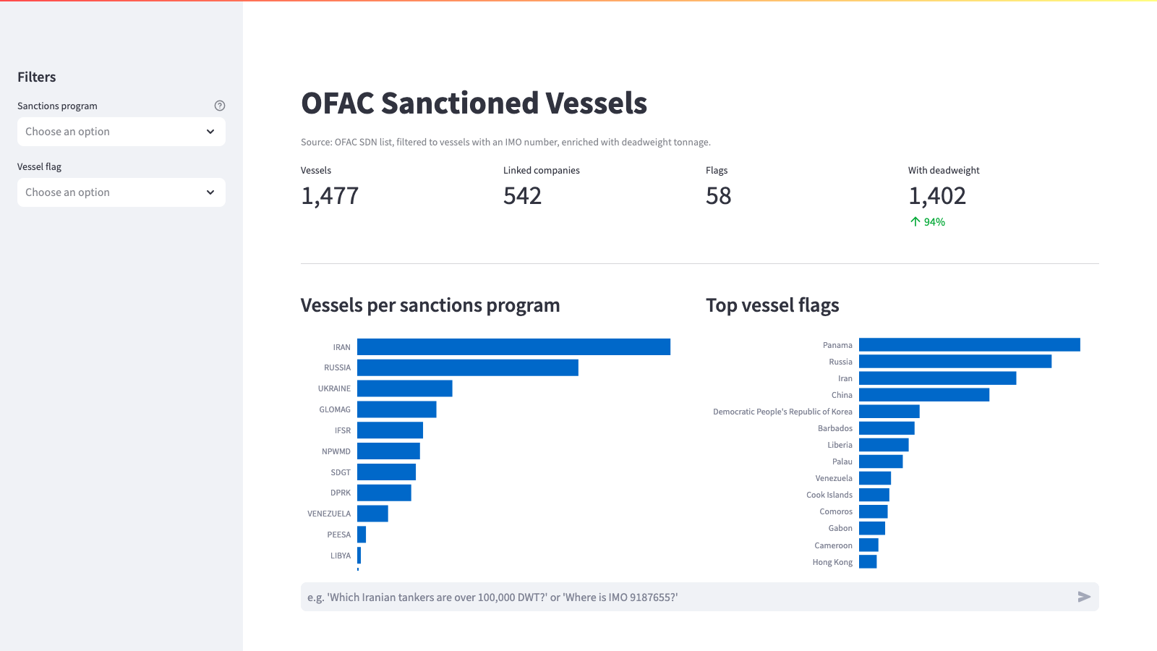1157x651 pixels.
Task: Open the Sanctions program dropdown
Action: pyautogui.click(x=121, y=131)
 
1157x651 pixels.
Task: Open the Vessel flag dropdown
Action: pyautogui.click(x=121, y=192)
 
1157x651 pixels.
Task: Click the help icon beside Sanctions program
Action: pyautogui.click(x=220, y=106)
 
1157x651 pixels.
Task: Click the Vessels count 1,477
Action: pyautogui.click(x=330, y=196)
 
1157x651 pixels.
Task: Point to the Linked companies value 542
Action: pyautogui.click(x=522, y=196)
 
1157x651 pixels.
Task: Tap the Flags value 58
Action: pyautogui.click(x=719, y=196)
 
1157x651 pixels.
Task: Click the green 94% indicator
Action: pyautogui.click(x=928, y=221)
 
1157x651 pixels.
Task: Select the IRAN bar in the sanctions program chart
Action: pyautogui.click(x=513, y=346)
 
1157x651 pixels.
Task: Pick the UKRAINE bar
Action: pyautogui.click(x=404, y=388)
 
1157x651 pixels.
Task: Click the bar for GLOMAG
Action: pyautogui.click(x=397, y=409)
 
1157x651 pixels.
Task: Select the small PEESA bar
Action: pyautogui.click(x=362, y=535)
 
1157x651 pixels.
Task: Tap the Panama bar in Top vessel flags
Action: pyautogui.click(x=970, y=344)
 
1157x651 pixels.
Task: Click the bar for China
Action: pyautogui.click(x=924, y=395)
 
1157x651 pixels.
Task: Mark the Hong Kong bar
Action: pyautogui.click(x=868, y=561)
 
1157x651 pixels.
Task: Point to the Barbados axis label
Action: pyautogui.click(x=834, y=428)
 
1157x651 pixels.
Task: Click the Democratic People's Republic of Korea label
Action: pyautogui.click(x=782, y=412)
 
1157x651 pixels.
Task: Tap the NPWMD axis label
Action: pyautogui.click(x=336, y=451)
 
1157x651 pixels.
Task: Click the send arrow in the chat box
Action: pyautogui.click(x=1084, y=597)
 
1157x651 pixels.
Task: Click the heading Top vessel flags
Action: pyautogui.click(x=772, y=305)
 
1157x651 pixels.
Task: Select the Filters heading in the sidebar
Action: pyautogui.click(x=37, y=77)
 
